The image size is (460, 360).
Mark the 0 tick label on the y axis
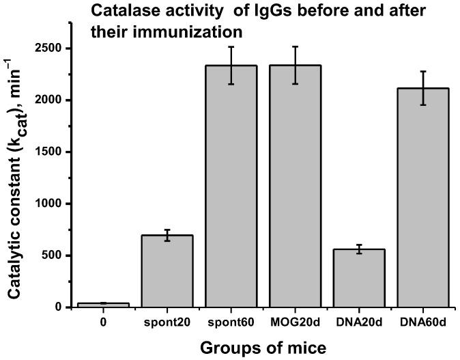click(59, 307)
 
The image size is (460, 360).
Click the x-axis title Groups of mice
click(263, 347)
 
